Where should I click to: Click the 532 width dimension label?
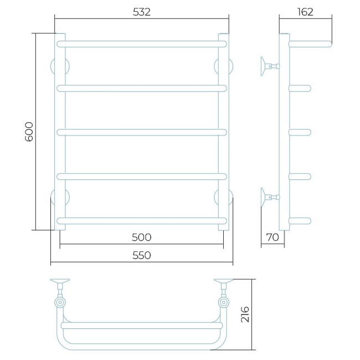coord(142,12)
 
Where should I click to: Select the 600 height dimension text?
coord(29,132)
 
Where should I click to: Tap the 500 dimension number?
coord(142,238)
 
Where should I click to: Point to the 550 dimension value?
coord(142,255)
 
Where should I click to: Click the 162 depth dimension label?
coord(305,12)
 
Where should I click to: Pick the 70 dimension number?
coord(272,237)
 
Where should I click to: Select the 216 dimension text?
coord(245,315)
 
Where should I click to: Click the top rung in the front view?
coord(142,44)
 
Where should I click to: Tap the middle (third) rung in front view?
coord(142,132)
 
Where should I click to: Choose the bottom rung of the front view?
coord(142,221)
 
